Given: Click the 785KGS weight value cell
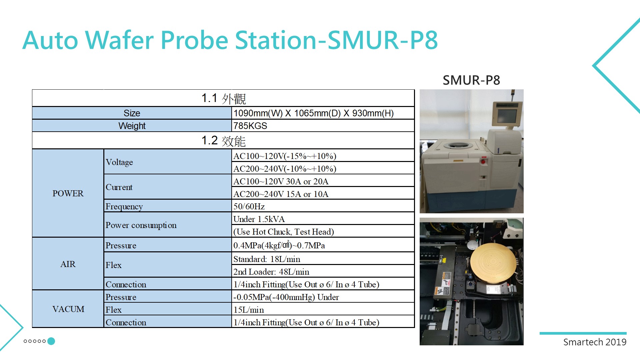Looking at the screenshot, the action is pyautogui.click(x=323, y=126).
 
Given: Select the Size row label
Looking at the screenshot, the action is pyautogui.click(x=132, y=113).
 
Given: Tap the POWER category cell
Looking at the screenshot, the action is pyautogui.click(x=68, y=193).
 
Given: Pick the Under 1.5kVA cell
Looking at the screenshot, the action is pyautogui.click(x=323, y=219).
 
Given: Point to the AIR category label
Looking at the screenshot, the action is pyautogui.click(x=68, y=264).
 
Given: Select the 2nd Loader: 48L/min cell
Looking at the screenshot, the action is pyautogui.click(x=323, y=272).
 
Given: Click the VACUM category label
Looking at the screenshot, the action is pyautogui.click(x=68, y=309).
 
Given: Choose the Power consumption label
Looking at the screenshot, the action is pyautogui.click(x=141, y=225).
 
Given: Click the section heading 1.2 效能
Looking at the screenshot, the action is pyautogui.click(x=223, y=141).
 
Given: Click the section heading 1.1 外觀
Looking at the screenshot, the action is pyautogui.click(x=223, y=98).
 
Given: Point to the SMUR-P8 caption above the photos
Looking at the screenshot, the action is pyautogui.click(x=471, y=80).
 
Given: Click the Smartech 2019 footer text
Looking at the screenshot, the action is pyautogui.click(x=595, y=342).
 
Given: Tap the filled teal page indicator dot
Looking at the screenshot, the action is pyautogui.click(x=51, y=341).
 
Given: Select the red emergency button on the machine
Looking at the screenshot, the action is pyautogui.click(x=483, y=161).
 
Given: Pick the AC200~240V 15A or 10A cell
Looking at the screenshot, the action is pyautogui.click(x=323, y=194).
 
